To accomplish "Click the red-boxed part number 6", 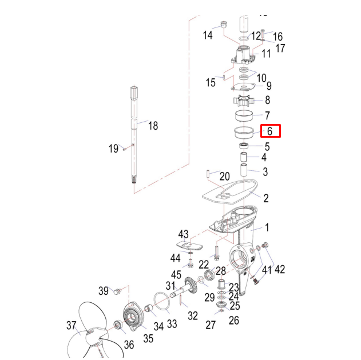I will tap(271, 131).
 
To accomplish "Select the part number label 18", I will tap(153, 126).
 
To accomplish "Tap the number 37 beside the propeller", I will tap(71, 326).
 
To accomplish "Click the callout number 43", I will tap(183, 234).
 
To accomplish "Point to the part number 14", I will tap(208, 35).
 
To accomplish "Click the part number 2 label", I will tap(265, 198).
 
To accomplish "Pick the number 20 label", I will tap(224, 176).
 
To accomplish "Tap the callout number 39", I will tap(103, 290).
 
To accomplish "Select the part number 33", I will tap(172, 324).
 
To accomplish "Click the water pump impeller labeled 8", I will tap(244, 101).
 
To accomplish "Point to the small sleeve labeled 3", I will tap(243, 169).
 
